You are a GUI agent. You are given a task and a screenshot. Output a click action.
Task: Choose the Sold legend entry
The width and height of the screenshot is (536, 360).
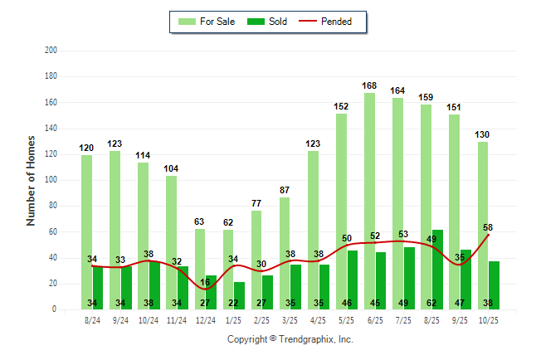pos(267,22)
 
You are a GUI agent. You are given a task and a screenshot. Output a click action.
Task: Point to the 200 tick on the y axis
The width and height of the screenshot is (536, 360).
pos(50,51)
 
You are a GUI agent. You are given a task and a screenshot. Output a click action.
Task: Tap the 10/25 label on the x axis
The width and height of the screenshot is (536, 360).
pos(489,319)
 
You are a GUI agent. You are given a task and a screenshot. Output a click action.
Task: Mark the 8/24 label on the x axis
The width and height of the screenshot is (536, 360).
pos(93,319)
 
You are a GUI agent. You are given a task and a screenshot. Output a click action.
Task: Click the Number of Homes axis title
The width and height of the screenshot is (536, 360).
pos(31,180)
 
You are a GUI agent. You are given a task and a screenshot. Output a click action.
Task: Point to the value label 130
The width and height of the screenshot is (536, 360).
pos(483,134)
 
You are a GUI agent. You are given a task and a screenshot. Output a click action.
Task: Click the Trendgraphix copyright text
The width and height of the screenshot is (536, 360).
pos(290,339)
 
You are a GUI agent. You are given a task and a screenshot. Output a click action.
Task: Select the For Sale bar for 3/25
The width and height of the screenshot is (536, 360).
pos(285,249)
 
